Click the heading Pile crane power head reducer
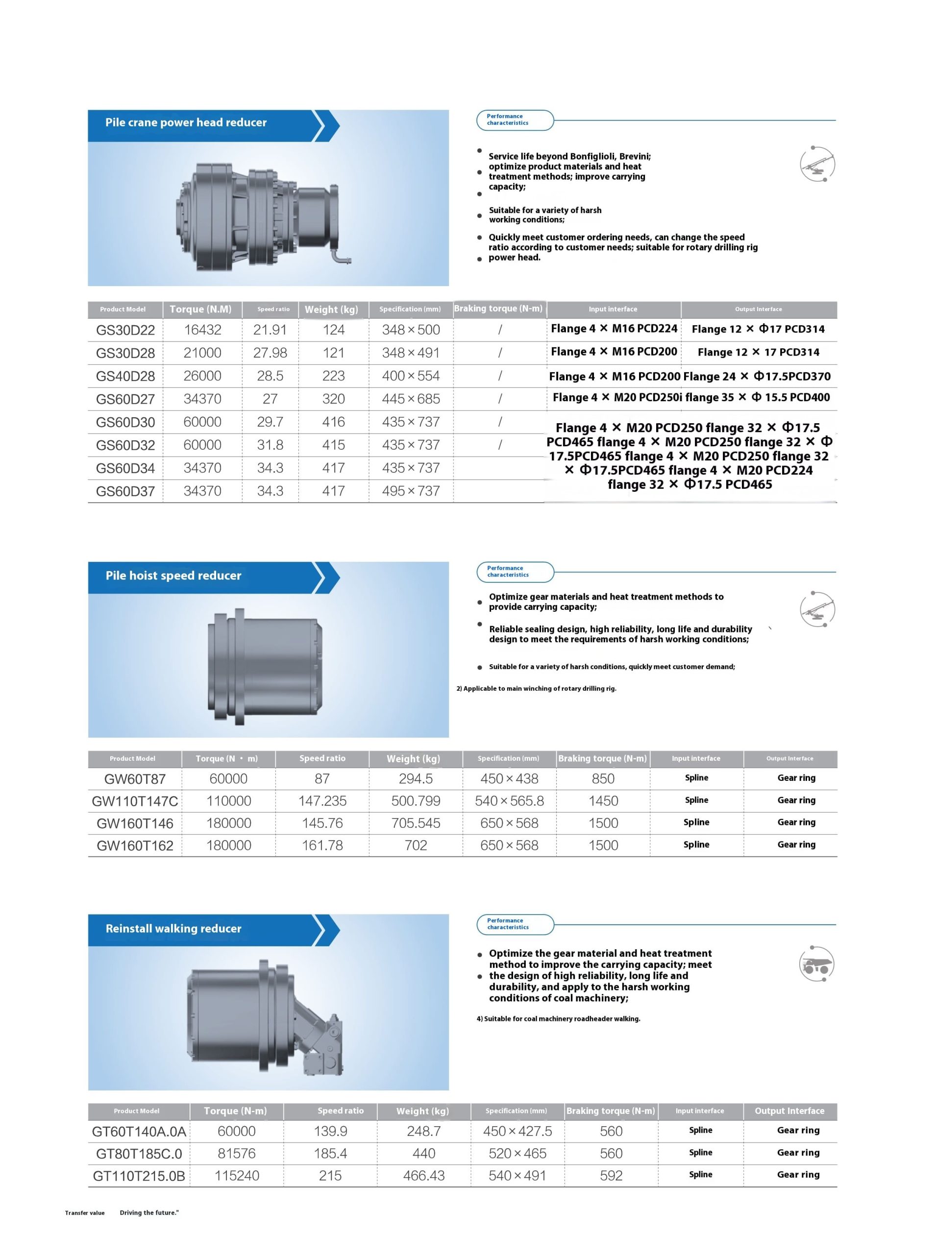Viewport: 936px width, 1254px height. (185, 122)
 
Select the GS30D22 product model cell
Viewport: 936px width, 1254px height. (125, 330)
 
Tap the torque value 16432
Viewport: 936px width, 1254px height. (202, 330)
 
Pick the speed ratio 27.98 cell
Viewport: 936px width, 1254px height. (270, 353)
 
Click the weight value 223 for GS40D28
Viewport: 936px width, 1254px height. (333, 376)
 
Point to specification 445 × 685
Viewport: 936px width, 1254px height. (411, 399)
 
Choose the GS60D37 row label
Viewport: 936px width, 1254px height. (125, 491)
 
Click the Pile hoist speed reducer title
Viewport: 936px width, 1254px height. (173, 576)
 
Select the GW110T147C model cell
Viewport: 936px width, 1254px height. (135, 801)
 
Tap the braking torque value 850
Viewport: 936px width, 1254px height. (603, 779)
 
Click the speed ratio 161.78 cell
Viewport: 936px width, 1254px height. (322, 845)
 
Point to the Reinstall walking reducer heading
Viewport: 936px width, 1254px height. (173, 928)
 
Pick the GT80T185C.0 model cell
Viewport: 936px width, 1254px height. (139, 1153)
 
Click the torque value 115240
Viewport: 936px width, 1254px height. (236, 1175)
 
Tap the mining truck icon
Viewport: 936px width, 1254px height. (816, 964)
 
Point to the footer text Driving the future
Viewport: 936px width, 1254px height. (149, 1213)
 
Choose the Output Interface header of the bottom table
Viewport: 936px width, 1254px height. (789, 1110)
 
